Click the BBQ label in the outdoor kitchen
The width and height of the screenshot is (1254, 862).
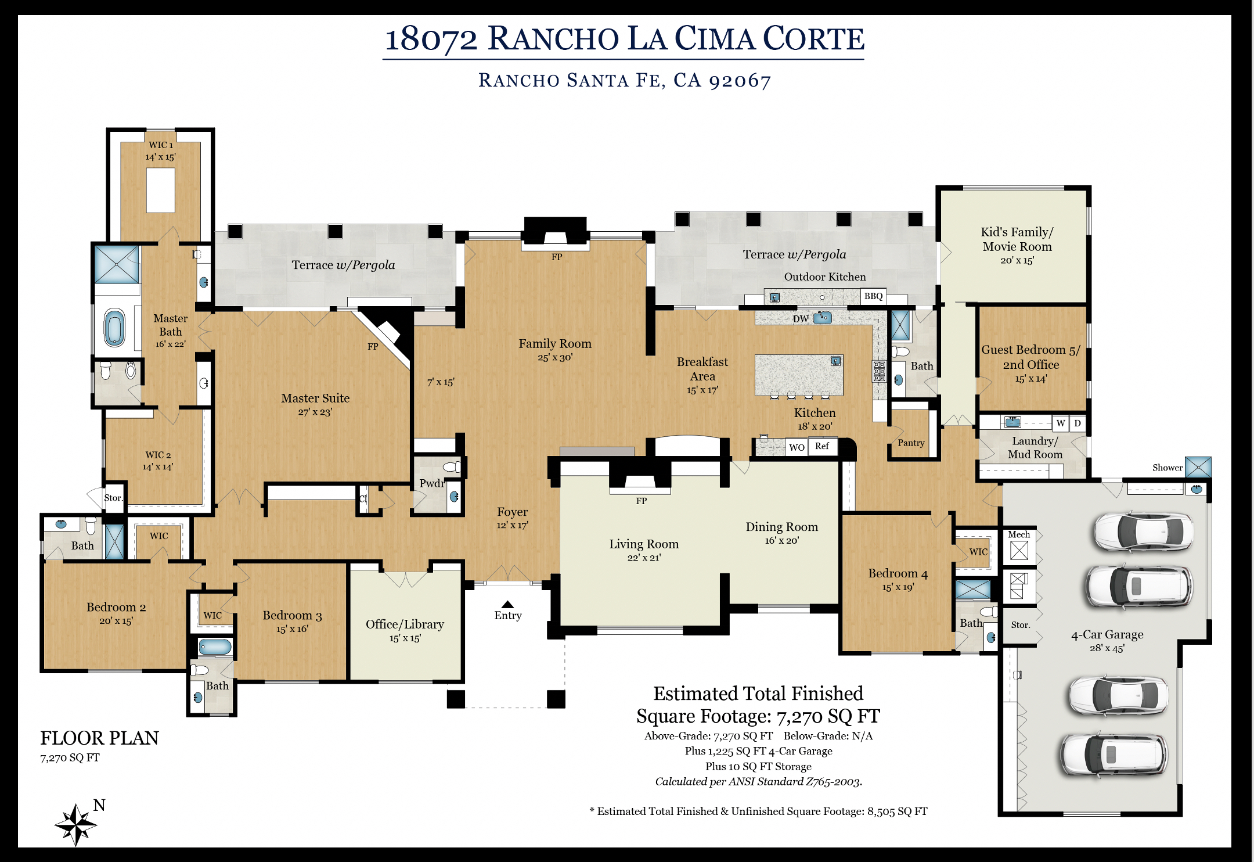[873, 296]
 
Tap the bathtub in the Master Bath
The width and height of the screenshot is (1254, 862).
[114, 328]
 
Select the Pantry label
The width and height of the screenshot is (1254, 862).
[911, 443]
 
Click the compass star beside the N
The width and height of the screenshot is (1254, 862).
[75, 824]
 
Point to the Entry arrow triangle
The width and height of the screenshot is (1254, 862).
[508, 604]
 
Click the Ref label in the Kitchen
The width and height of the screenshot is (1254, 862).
[822, 446]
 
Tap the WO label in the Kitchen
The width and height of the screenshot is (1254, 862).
[797, 447]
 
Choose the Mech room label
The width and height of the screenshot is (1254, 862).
[1019, 534]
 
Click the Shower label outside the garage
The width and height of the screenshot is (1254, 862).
[1167, 468]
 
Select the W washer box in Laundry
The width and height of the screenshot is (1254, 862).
[1061, 423]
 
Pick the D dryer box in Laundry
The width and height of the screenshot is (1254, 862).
[1078, 423]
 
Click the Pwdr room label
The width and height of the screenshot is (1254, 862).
[432, 483]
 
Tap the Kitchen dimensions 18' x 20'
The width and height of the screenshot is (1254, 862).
[815, 426]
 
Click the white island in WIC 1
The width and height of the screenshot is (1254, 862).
[161, 191]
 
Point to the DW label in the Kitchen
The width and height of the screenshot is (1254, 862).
[801, 319]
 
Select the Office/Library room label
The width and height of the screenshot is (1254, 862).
[405, 624]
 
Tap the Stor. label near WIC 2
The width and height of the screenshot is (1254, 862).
[113, 498]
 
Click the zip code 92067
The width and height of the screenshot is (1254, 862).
[740, 81]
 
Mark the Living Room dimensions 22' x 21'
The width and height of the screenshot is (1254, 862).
[644, 558]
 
